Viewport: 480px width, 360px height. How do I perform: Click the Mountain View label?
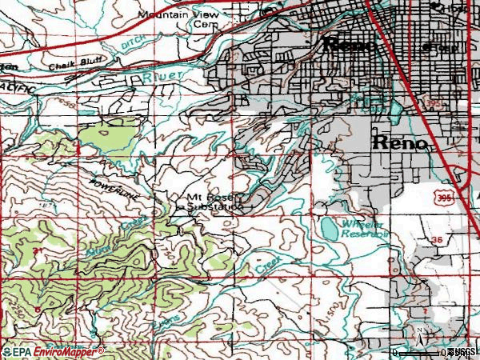(x=170, y=14)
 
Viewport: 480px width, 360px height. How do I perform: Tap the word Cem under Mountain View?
(x=206, y=24)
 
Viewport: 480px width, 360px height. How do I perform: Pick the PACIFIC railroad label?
(x=16, y=85)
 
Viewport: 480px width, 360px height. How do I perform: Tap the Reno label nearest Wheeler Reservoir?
(x=399, y=143)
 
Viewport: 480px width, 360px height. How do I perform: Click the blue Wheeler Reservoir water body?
(x=330, y=230)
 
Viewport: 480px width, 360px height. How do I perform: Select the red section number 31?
(x=38, y=252)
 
